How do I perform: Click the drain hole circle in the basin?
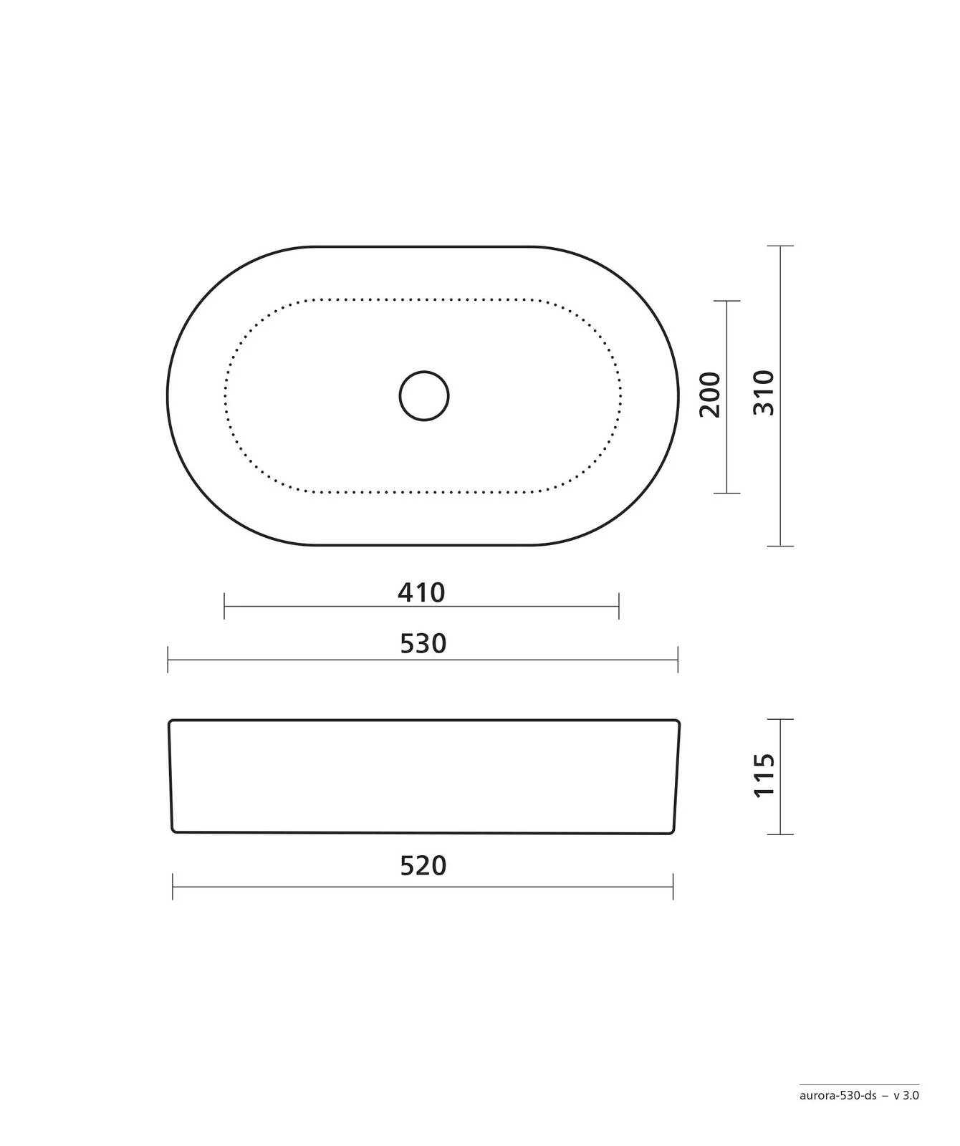[424, 395]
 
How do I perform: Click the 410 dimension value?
[421, 592]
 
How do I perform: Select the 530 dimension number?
[423, 644]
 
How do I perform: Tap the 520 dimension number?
[423, 866]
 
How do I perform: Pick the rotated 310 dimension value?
[764, 393]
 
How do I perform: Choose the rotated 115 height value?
[764, 774]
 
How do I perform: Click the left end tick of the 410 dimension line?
[224, 606]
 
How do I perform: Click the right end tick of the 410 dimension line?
[619, 606]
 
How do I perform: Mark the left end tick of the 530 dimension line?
[168, 659]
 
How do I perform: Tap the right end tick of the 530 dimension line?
[678, 659]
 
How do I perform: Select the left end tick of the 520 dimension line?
[173, 887]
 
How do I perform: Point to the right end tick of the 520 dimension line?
[673, 887]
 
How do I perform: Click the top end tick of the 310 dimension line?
[780, 246]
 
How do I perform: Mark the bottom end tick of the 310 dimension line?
[780, 546]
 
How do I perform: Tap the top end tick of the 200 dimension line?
[727, 301]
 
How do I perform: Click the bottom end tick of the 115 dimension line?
[780, 834]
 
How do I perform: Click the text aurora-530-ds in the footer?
[837, 1115]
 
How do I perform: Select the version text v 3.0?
[906, 1115]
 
